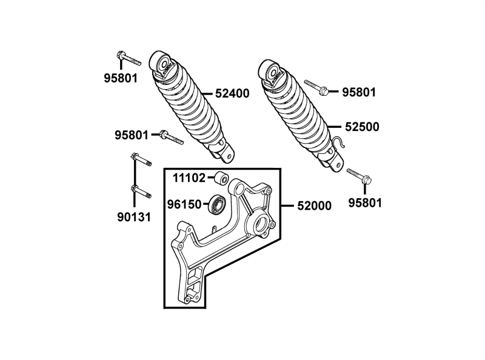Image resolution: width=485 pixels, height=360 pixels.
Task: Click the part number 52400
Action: (232, 93)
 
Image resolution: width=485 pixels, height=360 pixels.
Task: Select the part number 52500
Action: (362, 127)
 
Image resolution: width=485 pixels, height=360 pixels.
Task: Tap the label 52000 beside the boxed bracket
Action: (314, 205)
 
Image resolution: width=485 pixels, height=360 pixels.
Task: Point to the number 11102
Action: (189, 178)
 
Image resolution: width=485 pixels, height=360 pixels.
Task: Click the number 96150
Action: (184, 204)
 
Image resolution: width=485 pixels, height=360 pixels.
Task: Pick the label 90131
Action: (134, 217)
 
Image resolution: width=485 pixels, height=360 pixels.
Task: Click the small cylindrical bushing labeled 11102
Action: (222, 179)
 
